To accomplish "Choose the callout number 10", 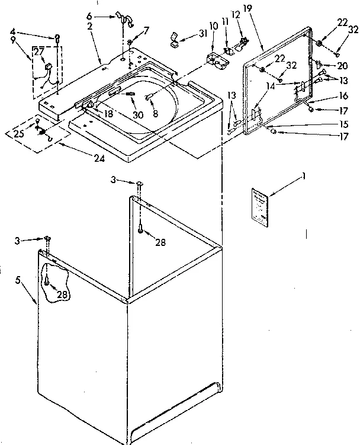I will (x=213, y=27).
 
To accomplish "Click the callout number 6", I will (x=105, y=16).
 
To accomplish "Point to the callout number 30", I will (x=137, y=114).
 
